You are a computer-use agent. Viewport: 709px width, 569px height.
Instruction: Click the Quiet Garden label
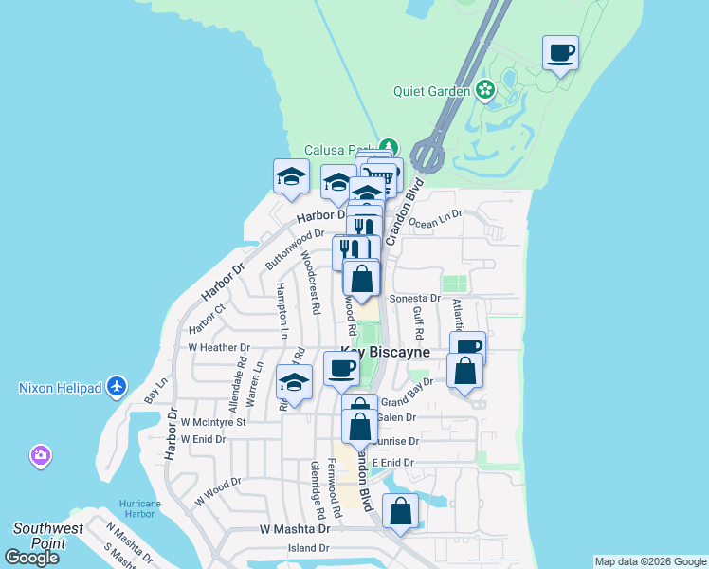click(432, 91)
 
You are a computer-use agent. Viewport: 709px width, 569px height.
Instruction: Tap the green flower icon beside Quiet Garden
click(485, 90)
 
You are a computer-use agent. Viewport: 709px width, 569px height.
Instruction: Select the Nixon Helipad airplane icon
click(116, 386)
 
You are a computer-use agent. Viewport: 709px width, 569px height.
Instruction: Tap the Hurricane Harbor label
click(141, 509)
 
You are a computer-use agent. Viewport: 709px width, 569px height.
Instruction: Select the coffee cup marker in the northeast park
click(561, 52)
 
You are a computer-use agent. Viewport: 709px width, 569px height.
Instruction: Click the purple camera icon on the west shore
click(40, 457)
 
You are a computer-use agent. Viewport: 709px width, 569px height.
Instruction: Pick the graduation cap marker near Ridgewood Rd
click(294, 382)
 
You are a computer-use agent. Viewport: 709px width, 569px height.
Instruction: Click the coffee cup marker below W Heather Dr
click(341, 368)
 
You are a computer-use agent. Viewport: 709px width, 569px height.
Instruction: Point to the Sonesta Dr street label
click(416, 298)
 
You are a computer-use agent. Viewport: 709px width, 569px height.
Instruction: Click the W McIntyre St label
click(213, 421)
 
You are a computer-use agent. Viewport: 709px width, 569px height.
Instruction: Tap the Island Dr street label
click(308, 548)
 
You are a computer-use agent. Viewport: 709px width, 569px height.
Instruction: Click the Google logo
click(32, 558)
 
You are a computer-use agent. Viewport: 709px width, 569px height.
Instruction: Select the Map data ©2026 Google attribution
click(650, 561)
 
